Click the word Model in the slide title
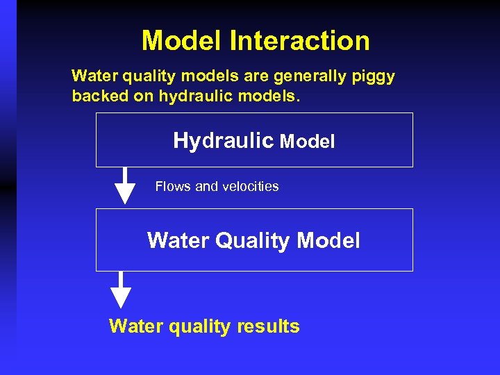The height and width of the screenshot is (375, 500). point(182,40)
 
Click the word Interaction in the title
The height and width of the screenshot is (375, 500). point(299,40)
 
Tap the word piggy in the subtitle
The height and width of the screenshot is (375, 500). point(374,76)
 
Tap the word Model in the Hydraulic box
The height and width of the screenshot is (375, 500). point(307,142)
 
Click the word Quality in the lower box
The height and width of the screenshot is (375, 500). point(253,241)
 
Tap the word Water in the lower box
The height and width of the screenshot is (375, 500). point(178,241)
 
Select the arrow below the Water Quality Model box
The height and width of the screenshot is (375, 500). point(122,290)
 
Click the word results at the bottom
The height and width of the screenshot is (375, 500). point(267,326)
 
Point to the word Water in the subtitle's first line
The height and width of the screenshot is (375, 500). point(95,76)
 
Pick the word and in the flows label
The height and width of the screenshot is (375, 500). point(206,186)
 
